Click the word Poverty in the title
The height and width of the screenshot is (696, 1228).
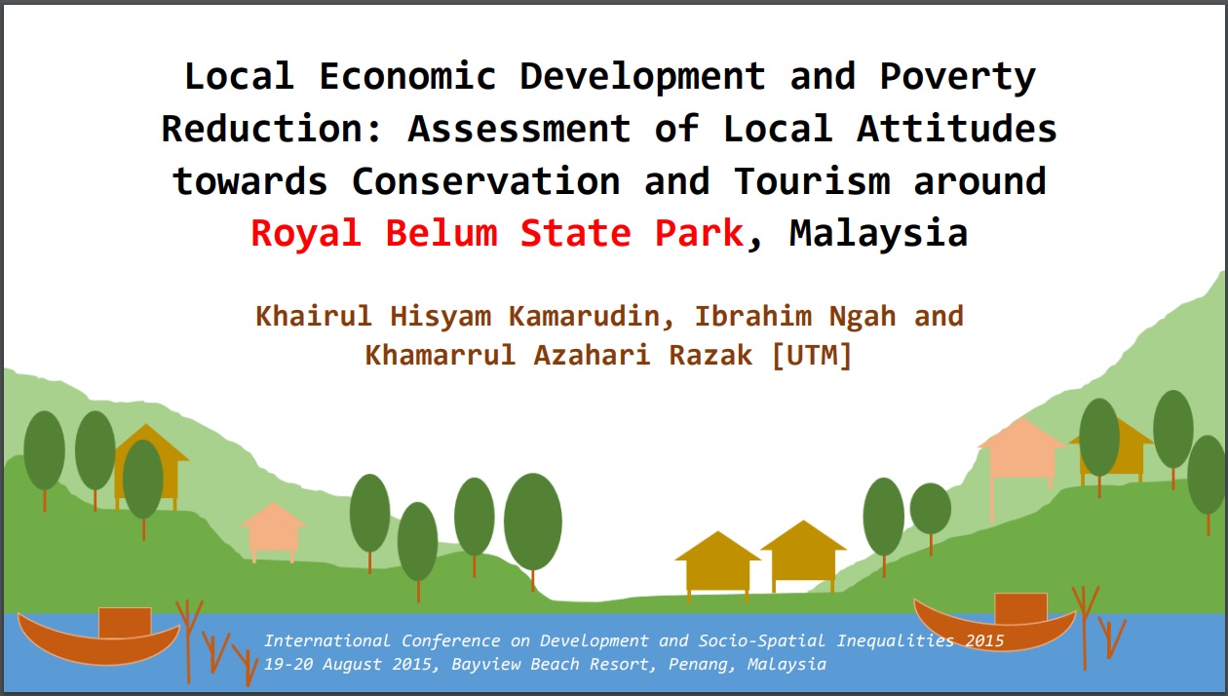pos(958,76)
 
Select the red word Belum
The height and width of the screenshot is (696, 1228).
pos(441,233)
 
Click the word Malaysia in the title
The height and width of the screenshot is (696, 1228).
pos(878,233)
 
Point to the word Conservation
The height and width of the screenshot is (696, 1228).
pos(485,181)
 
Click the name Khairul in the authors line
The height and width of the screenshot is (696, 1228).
pos(314,316)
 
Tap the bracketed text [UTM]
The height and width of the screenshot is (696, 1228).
pos(811,355)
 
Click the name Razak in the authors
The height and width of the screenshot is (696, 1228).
pos(710,355)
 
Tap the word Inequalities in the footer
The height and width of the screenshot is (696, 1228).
pos(896,640)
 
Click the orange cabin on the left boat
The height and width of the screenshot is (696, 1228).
pos(125,622)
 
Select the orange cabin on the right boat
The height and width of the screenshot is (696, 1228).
pos(1020,607)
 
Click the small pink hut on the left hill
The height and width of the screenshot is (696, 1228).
pos(273,532)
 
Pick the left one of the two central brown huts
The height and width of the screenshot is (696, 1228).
pos(717,565)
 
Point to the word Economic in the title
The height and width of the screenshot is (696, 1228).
pos(407,76)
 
